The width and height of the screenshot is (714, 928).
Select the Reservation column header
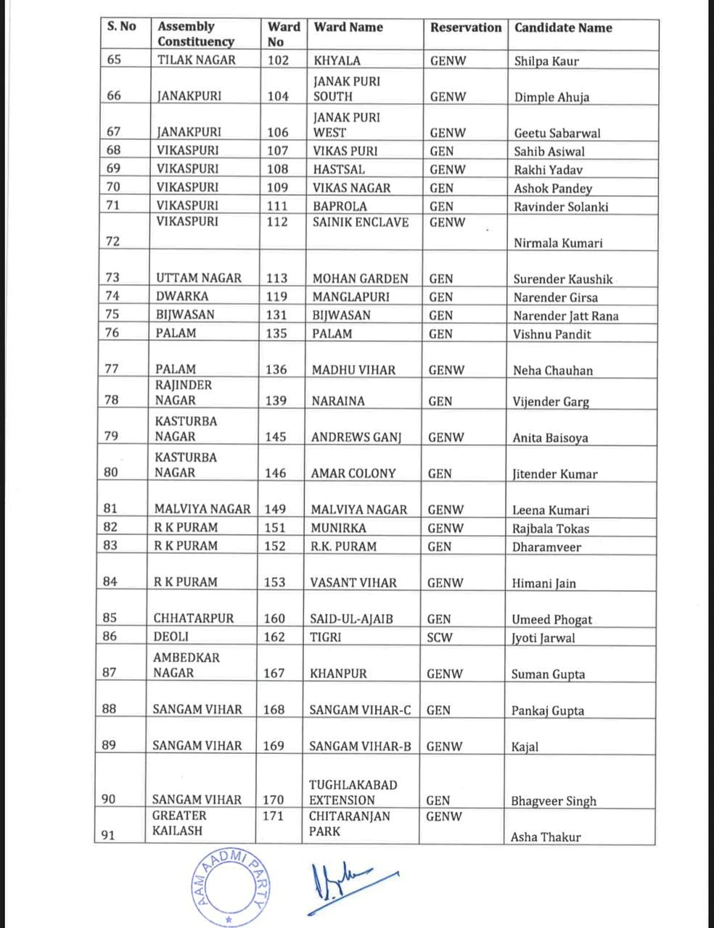(465, 28)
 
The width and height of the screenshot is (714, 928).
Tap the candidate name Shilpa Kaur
(546, 62)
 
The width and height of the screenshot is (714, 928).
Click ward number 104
(278, 96)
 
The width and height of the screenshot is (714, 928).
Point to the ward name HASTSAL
(339, 169)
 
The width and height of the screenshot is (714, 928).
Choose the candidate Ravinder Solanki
(561, 207)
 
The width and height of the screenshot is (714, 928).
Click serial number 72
(112, 241)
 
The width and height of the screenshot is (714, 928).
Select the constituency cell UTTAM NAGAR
(198, 278)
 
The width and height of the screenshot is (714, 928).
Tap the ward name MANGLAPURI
(350, 297)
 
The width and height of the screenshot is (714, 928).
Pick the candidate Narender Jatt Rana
(566, 316)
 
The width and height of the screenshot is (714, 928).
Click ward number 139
(276, 400)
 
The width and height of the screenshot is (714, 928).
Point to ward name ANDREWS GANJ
(356, 437)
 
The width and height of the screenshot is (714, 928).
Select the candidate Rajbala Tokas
(550, 529)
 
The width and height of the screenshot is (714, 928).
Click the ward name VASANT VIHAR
(353, 582)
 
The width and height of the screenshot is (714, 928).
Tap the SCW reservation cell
(440, 638)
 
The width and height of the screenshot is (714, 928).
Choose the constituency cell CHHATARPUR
(194, 618)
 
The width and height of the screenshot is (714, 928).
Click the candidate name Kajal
(525, 747)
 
